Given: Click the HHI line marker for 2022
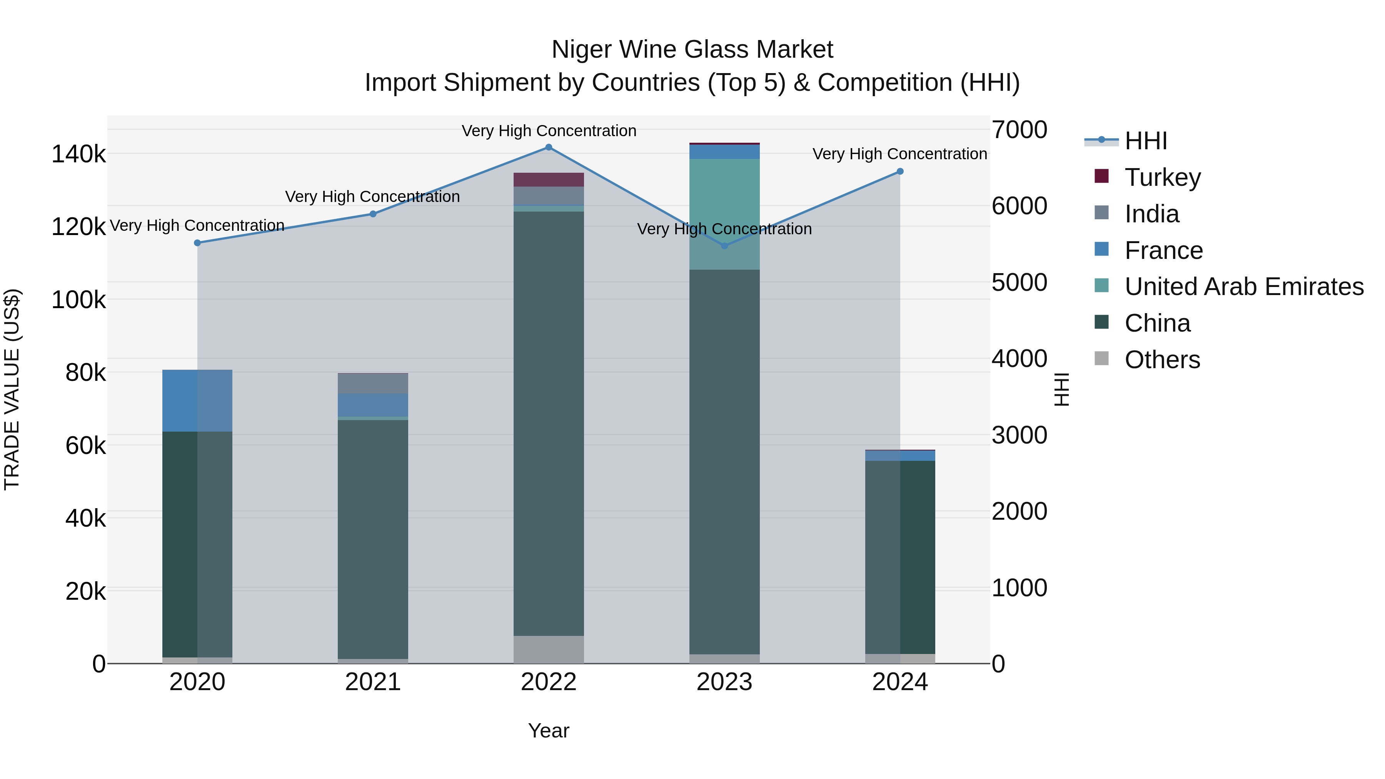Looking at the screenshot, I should click(x=548, y=147).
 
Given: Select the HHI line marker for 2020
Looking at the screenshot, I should click(x=197, y=243).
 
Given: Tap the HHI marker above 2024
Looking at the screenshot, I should click(x=900, y=172).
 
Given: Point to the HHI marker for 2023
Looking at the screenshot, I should click(x=724, y=246).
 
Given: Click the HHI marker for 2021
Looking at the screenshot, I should click(x=372, y=214).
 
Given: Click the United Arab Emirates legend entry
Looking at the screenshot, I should click(x=1243, y=287).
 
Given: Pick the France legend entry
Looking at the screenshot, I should click(x=1163, y=250).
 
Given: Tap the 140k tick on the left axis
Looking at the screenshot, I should click(x=78, y=155).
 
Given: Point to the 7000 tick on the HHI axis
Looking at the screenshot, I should click(x=1019, y=130).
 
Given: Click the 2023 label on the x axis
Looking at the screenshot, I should click(x=724, y=682).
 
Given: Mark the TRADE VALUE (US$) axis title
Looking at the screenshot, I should click(x=12, y=389).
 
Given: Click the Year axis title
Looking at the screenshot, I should click(x=548, y=731).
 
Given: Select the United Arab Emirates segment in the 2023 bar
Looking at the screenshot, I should click(x=724, y=214).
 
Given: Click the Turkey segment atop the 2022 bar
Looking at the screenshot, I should click(x=548, y=180).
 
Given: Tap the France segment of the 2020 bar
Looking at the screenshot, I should click(x=197, y=400).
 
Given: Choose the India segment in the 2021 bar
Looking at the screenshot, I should click(x=372, y=383).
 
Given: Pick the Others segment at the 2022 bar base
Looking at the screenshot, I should click(x=548, y=649).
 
